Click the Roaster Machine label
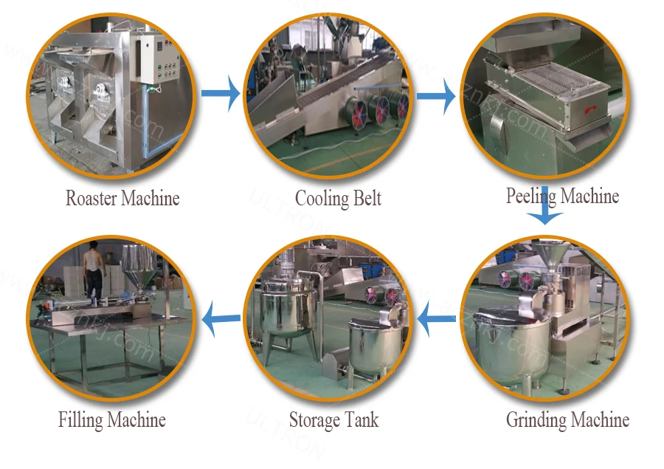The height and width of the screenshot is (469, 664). tap(122, 199)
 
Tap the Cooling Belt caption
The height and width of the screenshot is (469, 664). tap(338, 199)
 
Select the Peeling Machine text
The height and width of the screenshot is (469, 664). tap(562, 196)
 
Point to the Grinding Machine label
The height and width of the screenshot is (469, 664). tap(567, 420)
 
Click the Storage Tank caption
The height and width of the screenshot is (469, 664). tap(333, 420)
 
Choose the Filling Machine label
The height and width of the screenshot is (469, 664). tap(112, 420)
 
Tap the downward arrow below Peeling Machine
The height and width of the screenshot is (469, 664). tap(545, 212)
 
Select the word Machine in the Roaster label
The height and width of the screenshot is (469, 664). tap(151, 199)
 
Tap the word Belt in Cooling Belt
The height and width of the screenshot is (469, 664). tap(365, 199)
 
